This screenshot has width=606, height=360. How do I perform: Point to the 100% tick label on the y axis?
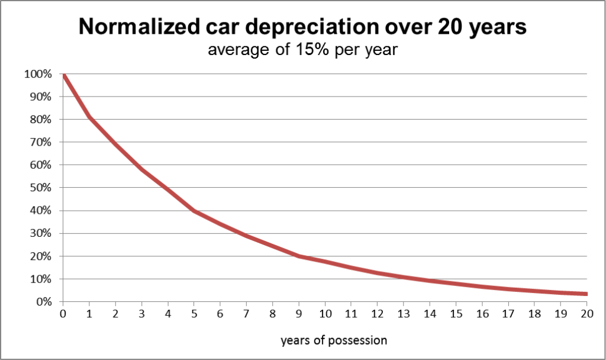(38, 74)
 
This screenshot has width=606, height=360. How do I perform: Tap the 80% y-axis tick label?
(41, 120)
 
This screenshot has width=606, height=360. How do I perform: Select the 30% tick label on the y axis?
(41, 233)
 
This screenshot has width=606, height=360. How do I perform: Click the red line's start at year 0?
(63, 75)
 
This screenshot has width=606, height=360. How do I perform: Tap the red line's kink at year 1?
(89, 117)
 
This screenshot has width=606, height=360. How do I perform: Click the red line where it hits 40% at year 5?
(194, 210)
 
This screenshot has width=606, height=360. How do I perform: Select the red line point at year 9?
(298, 256)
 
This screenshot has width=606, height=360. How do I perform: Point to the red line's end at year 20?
(585, 294)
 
